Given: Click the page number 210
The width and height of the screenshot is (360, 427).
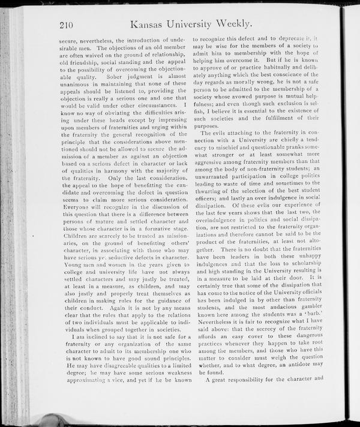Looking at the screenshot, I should coord(69,25).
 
